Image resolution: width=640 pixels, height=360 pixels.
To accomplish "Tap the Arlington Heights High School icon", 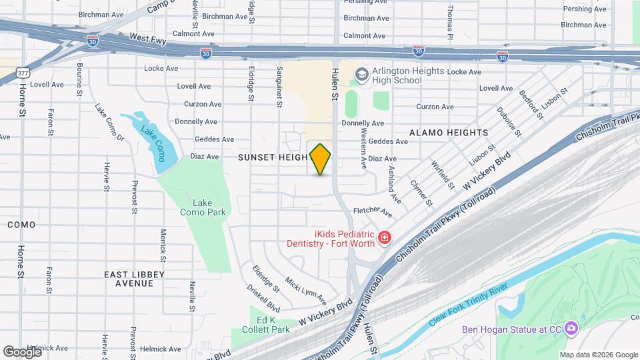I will click(362, 75).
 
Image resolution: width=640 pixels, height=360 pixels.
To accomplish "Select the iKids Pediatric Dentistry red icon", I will click(384, 237).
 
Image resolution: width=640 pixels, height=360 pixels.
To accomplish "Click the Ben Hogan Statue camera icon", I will click(571, 328).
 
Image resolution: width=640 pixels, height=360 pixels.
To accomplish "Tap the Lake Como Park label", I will click(203, 207).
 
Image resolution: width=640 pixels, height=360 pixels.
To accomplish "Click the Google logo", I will click(22, 351).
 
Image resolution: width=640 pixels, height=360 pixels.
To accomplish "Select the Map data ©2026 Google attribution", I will click(598, 355).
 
